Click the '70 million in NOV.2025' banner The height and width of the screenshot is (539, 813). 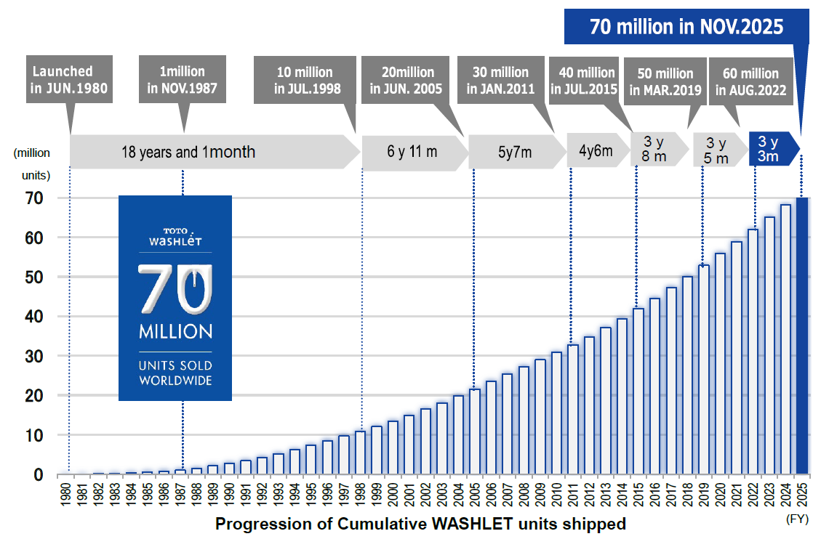[686, 27]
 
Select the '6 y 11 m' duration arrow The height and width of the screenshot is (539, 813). [413, 153]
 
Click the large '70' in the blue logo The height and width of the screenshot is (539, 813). [175, 289]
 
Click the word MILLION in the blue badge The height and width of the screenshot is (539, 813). [175, 332]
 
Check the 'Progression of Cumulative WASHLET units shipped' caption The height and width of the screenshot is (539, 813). [420, 523]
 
